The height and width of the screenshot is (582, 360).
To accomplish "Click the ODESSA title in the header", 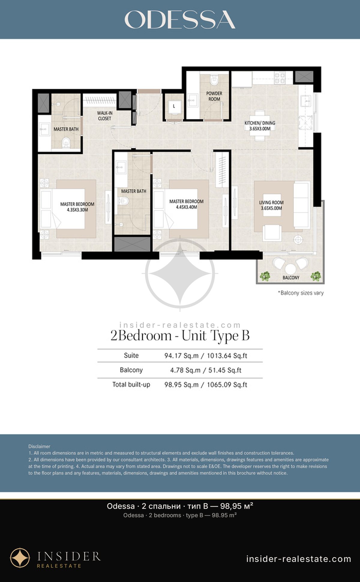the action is coord(180,20).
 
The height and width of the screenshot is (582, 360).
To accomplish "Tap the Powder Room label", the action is coord(214,96).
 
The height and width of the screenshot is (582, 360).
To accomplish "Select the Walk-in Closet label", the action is coord(105,116).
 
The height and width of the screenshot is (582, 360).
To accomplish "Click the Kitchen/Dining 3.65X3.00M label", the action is coord(260,126).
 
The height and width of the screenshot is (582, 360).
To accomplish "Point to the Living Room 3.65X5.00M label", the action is coord(271,205).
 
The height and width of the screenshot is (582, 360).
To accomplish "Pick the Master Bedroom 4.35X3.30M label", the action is coord(77,207).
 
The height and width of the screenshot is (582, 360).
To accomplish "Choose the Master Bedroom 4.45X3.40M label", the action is coord(186,204).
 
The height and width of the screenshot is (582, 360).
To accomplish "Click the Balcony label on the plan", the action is coord(291,278).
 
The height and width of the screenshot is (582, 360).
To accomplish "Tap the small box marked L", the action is coord(174,106).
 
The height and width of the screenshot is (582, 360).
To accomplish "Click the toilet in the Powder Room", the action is coord(214,80).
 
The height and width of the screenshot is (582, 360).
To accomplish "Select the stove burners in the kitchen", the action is coord(280,78).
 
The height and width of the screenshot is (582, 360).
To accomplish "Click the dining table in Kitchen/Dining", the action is coord(260,126).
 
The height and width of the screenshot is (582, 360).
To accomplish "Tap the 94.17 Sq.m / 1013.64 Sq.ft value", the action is coord(206,356).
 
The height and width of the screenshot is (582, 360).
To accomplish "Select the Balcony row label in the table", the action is coord(131,370).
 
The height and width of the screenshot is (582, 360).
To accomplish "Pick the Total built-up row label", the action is coord(131,385).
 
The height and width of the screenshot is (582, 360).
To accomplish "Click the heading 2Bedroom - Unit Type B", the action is coord(180,336).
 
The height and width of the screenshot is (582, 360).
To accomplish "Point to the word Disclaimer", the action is coord(39,446).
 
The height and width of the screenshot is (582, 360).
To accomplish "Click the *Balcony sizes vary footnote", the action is coord(301,293).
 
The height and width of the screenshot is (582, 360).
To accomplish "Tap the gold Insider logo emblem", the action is coord(20,558).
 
